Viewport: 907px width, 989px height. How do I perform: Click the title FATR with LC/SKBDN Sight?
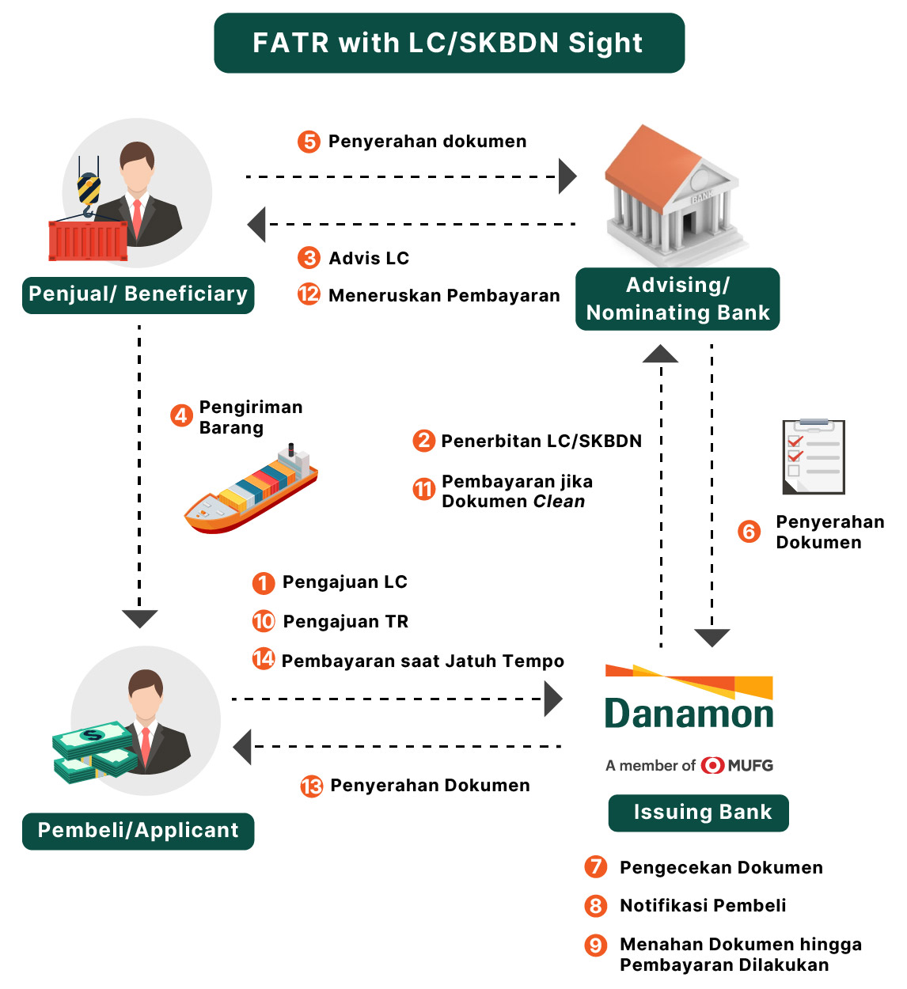pyautogui.click(x=449, y=43)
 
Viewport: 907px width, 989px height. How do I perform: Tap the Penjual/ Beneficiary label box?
pyautogui.click(x=138, y=294)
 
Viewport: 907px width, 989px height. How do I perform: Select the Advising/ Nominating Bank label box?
pyautogui.click(x=677, y=299)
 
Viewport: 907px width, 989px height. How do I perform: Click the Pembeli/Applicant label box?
pyautogui.click(x=138, y=831)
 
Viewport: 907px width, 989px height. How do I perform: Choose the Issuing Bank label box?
pyautogui.click(x=699, y=813)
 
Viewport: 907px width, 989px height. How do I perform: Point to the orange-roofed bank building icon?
pyautogui.click(x=672, y=194)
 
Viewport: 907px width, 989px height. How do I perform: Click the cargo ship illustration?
pyautogui.click(x=251, y=490)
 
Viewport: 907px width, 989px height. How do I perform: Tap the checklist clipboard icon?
pyautogui.click(x=814, y=457)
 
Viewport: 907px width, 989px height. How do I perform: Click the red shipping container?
pyautogui.click(x=88, y=240)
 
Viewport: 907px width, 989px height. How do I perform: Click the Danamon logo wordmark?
pyautogui.click(x=689, y=714)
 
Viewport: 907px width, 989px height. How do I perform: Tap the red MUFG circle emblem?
pyautogui.click(x=712, y=765)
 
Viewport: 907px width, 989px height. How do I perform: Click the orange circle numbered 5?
pyautogui.click(x=309, y=142)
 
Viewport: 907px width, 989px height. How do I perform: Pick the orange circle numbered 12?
pyautogui.click(x=309, y=294)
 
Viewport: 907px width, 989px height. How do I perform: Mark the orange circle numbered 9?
pyautogui.click(x=595, y=945)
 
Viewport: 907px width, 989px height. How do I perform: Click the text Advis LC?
pyautogui.click(x=369, y=258)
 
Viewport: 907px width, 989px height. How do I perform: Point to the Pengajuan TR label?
pyautogui.click(x=346, y=622)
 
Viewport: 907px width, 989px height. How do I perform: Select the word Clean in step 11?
pyautogui.click(x=559, y=502)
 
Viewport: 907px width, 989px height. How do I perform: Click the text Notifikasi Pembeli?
pyautogui.click(x=703, y=906)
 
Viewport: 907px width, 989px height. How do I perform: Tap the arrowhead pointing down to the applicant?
pyautogui.click(x=140, y=619)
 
